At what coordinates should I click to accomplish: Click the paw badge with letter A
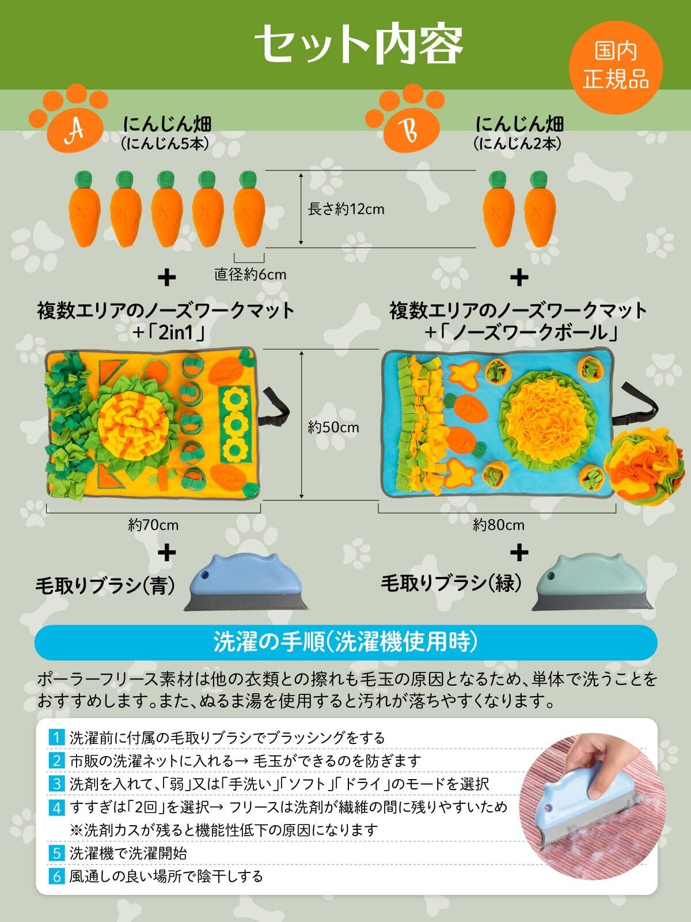tap(73, 122)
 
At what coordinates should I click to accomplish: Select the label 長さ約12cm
tap(346, 209)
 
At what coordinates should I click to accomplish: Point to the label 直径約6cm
tap(250, 274)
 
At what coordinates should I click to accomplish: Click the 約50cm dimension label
tap(333, 427)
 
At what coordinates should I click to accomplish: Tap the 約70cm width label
tap(153, 525)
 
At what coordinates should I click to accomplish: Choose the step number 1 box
tap(56, 737)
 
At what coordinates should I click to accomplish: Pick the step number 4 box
tap(56, 807)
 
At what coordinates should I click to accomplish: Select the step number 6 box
tap(56, 876)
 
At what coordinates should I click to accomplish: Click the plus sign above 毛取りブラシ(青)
tap(166, 553)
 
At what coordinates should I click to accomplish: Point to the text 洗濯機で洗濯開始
tap(128, 853)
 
